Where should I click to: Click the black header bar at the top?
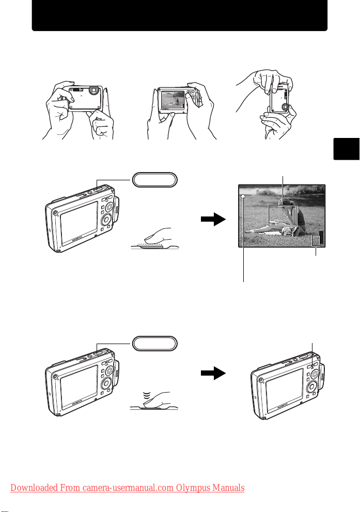(x=180, y=15)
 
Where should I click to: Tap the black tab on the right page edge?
(x=346, y=149)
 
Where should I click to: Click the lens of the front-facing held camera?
(x=94, y=90)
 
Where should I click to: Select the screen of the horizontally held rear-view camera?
(x=173, y=100)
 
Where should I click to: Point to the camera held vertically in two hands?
(x=280, y=98)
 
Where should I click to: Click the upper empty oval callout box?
(x=154, y=180)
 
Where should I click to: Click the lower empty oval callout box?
(x=154, y=344)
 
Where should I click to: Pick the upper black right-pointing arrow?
(x=213, y=219)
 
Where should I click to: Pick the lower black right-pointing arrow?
(x=213, y=373)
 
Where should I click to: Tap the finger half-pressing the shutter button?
(x=158, y=236)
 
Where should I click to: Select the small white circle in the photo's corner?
(x=243, y=196)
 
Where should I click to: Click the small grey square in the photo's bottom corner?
(x=316, y=241)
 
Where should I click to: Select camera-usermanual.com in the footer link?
(x=128, y=488)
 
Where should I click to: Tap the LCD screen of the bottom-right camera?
(x=285, y=390)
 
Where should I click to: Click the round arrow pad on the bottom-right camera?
(x=311, y=387)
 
